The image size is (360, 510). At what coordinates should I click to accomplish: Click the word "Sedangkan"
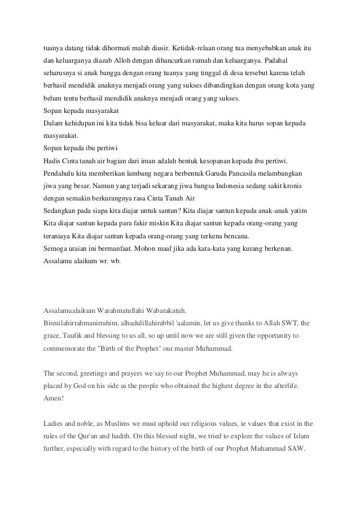[x=61, y=210]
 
